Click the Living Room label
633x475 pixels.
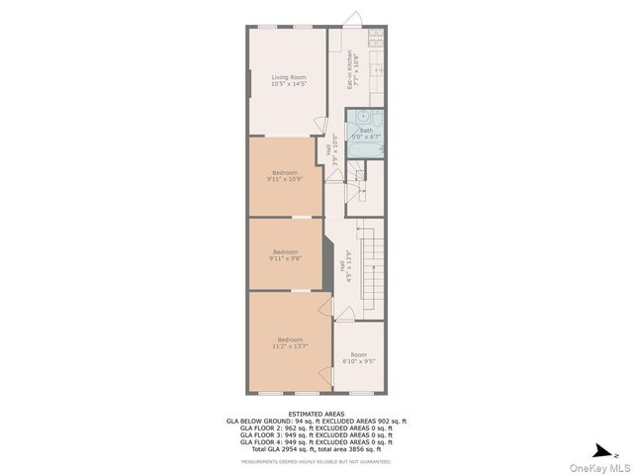pos(289,80)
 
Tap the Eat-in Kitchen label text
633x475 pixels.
pos(351,71)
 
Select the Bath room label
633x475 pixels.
pos(367,134)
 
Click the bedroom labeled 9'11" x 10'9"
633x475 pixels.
pos(283,176)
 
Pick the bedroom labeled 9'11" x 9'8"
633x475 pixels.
pos(286,254)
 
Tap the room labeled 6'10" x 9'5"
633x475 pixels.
pos(358,358)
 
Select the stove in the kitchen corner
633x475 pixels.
pos(376,39)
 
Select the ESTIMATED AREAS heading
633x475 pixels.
pos(316,415)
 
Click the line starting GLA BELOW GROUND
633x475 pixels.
pos(316,422)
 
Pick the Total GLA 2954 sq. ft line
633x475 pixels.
pos(316,449)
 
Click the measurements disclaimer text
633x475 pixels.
pos(316,461)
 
